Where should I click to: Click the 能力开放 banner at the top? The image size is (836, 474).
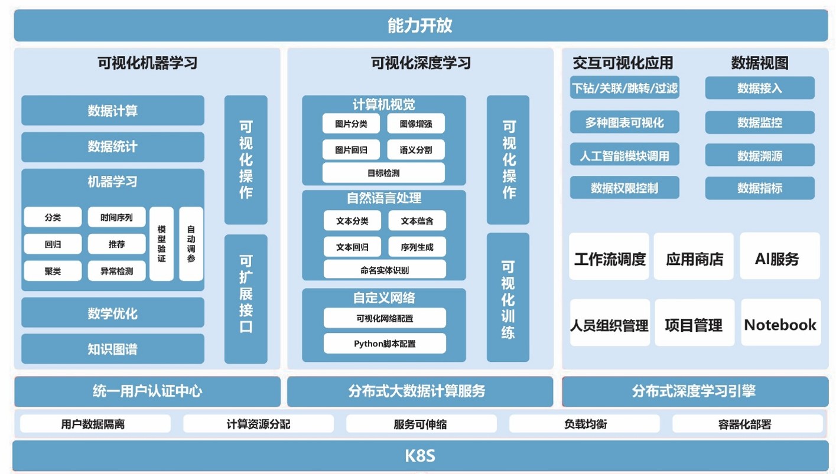point(420,25)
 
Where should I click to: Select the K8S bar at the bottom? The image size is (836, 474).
point(420,456)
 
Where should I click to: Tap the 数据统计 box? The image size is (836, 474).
point(112,146)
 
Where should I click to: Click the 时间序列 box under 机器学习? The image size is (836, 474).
point(116,217)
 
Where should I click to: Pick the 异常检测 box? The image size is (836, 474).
point(116,271)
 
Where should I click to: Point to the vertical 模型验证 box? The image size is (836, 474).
point(161,243)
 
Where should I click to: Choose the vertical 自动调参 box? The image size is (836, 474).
point(191,243)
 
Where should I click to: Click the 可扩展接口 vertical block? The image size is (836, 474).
point(246,299)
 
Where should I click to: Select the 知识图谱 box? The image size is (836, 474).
point(112,349)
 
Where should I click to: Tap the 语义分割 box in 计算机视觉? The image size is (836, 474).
point(416,150)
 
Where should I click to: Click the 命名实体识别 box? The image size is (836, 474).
point(385,270)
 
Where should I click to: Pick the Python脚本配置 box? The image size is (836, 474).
point(385,343)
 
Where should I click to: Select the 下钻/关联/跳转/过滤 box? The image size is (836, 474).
point(624,88)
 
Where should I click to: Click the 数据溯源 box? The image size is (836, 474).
point(760,155)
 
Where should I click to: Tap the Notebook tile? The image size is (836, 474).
point(780,323)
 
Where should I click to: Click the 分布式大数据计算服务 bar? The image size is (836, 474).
point(420,391)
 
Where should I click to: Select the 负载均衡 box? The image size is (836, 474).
point(584,424)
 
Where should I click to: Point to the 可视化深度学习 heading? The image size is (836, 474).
point(420,63)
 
